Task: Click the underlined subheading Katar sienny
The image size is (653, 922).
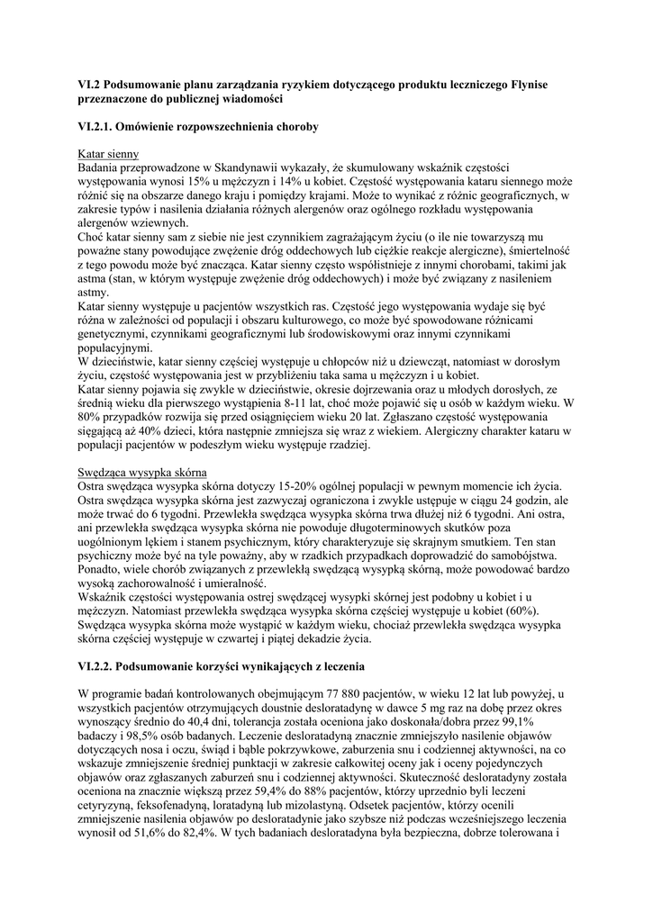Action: [108, 154]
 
